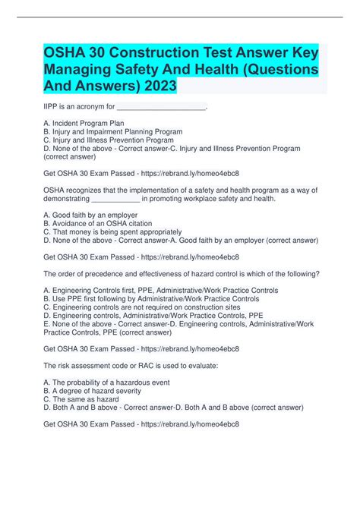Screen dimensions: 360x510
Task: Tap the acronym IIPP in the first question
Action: pyautogui.click(x=52, y=108)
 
